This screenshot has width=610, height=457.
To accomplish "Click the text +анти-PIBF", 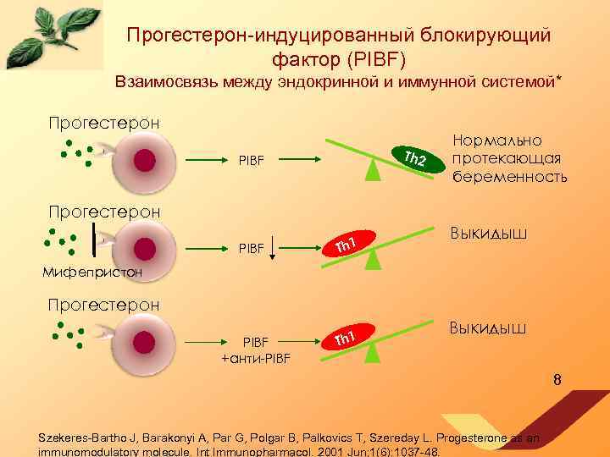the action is point(256,358).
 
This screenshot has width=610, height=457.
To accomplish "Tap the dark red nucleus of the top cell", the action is point(145,159).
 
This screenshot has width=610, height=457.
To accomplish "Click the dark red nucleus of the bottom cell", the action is point(145,341).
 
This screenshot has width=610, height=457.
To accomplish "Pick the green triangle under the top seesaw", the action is point(372,171).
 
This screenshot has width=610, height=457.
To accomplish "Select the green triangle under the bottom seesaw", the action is point(372,352).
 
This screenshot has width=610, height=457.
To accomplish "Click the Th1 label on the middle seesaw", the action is point(343,246).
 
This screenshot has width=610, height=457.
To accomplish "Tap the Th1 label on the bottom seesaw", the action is point(343,339).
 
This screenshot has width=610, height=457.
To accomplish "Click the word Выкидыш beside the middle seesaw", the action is point(489,232).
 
